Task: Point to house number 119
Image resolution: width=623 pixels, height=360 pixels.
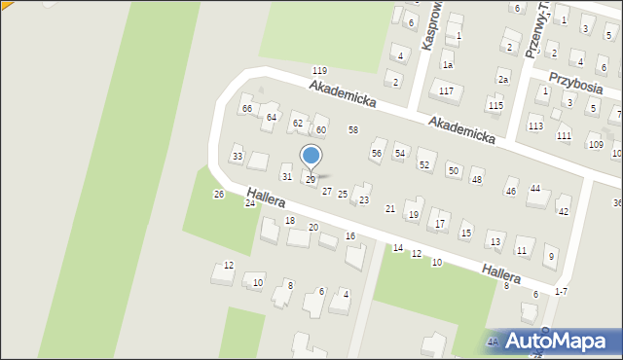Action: [319, 71]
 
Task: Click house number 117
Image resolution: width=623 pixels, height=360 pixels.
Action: [446, 90]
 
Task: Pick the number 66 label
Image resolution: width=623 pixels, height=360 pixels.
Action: [247, 108]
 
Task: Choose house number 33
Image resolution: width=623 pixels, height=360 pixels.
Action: [237, 156]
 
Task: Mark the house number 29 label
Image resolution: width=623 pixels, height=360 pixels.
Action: [311, 180]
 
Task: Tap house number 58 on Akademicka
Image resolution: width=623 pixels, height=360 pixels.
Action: [353, 129]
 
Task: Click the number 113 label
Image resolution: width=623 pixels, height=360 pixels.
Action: [535, 126]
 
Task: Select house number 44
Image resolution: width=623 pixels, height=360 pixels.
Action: [535, 188]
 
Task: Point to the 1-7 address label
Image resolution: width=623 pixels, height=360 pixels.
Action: [561, 292]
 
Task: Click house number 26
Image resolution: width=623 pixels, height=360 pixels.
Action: [219, 194]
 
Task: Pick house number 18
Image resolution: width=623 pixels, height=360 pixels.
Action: [290, 221]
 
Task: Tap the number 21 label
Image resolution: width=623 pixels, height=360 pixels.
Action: [390, 209]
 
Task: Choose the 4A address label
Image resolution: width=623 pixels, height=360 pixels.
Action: [494, 342]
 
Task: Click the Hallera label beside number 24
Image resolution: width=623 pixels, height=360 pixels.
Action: [265, 198]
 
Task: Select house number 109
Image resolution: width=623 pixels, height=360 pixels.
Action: [594, 144]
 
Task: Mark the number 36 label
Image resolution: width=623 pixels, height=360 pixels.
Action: [617, 202]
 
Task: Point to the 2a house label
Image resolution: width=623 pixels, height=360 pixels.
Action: [503, 79]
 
